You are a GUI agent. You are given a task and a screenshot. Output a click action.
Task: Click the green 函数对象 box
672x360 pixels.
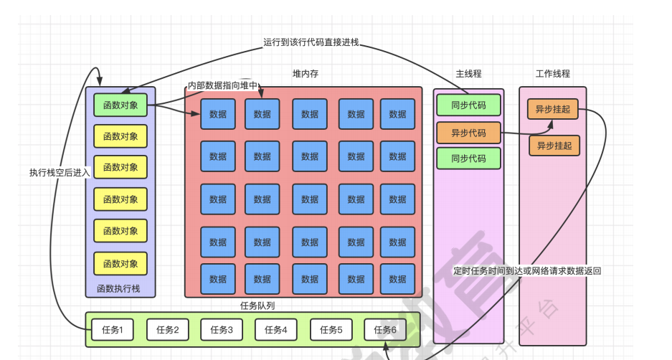coord(120,105)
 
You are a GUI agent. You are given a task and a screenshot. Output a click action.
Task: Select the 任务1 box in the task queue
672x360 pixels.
coord(113,330)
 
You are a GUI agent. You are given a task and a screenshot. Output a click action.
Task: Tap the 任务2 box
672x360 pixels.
coord(167,330)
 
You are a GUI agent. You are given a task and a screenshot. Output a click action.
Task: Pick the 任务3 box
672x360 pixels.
coord(222,330)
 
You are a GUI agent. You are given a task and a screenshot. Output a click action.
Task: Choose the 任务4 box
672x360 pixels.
coord(276,330)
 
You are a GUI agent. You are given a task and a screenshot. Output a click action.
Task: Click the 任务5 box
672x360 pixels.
coord(331,330)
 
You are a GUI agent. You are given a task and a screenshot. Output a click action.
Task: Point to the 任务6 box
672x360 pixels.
coord(384,330)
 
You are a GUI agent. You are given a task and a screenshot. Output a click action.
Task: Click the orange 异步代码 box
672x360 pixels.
coord(468,133)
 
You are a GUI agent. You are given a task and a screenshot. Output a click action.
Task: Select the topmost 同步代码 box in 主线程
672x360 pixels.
coord(468,105)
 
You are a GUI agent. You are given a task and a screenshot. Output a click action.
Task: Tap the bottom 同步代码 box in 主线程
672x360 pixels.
coord(468,158)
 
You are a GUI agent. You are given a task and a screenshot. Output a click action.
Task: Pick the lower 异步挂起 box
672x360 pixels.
coord(554,146)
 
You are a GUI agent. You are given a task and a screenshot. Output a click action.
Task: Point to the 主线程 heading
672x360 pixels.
coord(468,74)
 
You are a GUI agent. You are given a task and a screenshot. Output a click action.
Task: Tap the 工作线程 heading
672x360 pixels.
coord(552,74)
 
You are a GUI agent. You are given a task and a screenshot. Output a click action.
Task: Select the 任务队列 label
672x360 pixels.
coord(257,305)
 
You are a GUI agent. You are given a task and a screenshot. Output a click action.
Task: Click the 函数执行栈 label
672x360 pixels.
coord(120,289)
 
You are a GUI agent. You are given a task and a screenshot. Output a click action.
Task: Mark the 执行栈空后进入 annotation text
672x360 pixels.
coord(60,172)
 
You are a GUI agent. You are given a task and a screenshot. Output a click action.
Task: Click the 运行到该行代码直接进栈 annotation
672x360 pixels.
coord(311,42)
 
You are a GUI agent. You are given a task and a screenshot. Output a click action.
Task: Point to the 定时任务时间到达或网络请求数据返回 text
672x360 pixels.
coord(526,271)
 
